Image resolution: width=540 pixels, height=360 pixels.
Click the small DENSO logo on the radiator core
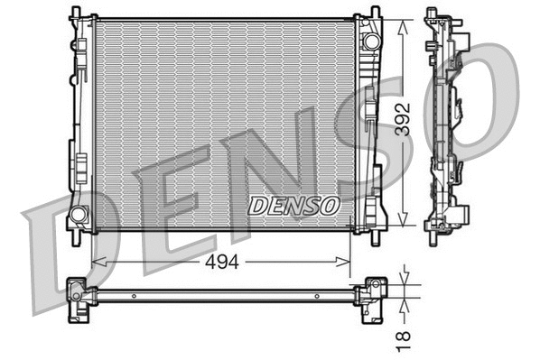(293, 207)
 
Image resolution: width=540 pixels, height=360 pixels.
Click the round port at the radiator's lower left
(79, 215)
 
